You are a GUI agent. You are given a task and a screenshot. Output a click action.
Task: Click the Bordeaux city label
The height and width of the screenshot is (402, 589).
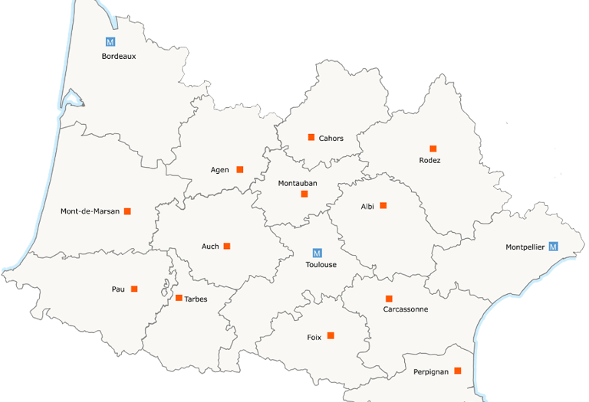119,56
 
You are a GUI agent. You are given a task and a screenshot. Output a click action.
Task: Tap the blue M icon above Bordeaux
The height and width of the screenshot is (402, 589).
110,42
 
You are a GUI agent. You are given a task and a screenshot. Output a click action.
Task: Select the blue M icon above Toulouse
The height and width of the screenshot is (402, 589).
318,253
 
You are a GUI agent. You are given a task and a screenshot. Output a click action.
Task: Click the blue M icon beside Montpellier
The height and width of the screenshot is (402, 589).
553,247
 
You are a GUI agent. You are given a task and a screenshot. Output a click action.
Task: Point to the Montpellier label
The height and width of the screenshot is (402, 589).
525,247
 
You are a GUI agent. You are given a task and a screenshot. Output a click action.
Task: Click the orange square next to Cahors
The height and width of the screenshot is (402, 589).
311,137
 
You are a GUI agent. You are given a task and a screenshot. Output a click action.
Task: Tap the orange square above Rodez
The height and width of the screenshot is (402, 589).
433,149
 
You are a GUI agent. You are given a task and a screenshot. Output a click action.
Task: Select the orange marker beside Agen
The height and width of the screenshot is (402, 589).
240,169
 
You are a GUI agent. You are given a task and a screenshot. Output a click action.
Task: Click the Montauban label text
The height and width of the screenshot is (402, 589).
298,183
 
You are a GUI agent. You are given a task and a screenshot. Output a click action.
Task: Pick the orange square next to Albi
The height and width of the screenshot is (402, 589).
383,205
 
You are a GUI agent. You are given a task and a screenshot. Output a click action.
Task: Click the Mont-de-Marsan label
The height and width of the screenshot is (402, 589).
90,211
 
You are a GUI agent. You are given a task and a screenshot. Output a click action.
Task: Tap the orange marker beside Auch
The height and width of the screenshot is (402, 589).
227,246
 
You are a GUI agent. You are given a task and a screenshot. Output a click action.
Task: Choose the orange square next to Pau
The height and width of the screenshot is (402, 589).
134,289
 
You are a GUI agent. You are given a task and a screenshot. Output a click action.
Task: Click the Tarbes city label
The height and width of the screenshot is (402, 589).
196,299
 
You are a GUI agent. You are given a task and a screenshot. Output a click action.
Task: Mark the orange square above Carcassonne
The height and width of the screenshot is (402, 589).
389,299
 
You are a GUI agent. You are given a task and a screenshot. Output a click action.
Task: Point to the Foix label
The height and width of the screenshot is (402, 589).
314,337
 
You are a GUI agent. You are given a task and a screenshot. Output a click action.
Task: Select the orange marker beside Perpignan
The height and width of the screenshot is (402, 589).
458,371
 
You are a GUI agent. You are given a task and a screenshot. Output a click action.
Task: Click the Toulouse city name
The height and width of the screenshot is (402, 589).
321,265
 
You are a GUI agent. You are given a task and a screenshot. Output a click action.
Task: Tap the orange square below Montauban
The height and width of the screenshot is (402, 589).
304,194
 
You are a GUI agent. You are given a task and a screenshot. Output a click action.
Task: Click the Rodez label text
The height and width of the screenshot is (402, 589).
429,160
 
